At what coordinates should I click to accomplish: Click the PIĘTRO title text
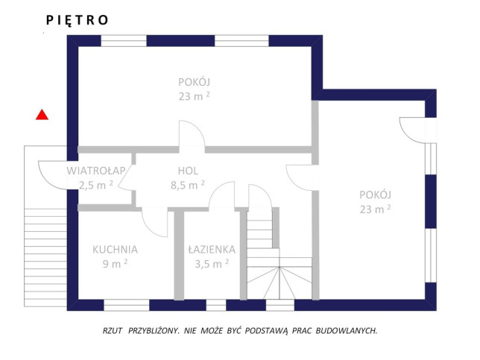pos(77,20)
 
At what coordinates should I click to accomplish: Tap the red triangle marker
pos(42,115)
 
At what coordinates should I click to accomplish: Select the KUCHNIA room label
pos(115,250)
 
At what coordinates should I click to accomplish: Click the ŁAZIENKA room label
pos(212,250)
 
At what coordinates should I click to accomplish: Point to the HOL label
pos(188,171)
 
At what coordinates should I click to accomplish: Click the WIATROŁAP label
pos(96,171)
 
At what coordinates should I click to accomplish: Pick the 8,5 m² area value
pos(188,185)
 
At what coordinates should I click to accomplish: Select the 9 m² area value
pos(115,264)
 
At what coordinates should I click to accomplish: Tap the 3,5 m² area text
pos(212,264)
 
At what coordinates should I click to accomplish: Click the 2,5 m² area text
pos(96,185)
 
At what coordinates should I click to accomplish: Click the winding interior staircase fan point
pos(280,268)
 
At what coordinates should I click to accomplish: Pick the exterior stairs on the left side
pos(45,257)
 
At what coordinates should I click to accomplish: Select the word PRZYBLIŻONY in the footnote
pos(154,331)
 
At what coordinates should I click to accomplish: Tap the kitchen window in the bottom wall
pos(127,305)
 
